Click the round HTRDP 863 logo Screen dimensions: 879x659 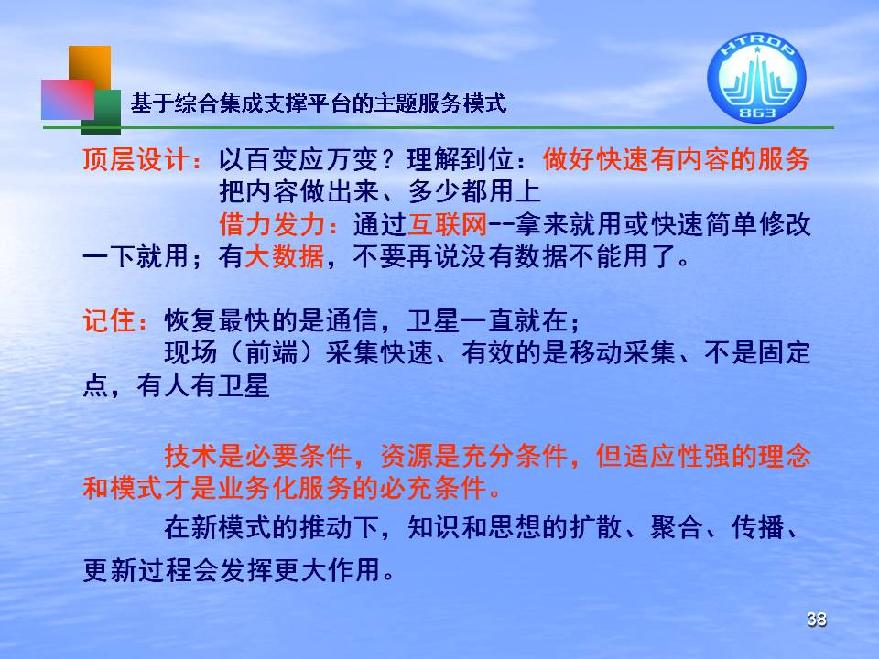(x=756, y=77)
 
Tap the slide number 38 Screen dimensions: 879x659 (x=816, y=620)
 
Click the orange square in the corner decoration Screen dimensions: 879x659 (x=90, y=67)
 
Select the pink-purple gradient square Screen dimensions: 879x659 (x=67, y=99)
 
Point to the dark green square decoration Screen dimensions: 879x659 (x=102, y=112)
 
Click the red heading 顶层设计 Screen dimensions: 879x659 (x=136, y=159)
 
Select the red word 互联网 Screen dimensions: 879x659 (x=448, y=225)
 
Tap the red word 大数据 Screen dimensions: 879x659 (x=284, y=256)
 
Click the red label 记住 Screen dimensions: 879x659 (x=109, y=321)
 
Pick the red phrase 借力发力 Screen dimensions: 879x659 (x=272, y=225)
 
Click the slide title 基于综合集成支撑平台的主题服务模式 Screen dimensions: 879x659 (x=319, y=103)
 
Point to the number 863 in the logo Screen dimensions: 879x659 (x=757, y=113)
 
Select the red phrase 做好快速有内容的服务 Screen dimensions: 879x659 (x=676, y=159)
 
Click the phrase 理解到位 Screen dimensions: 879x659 (x=460, y=159)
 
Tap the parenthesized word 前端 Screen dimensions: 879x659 (x=271, y=353)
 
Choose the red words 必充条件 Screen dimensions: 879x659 (x=433, y=488)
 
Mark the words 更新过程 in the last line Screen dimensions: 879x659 (x=136, y=570)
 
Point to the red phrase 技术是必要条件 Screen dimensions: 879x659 (x=258, y=456)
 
